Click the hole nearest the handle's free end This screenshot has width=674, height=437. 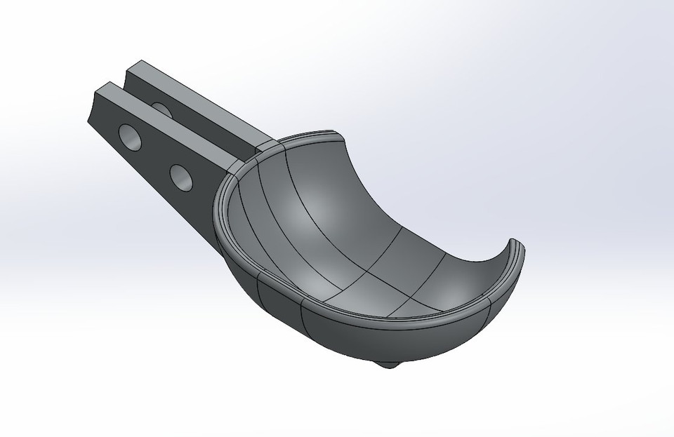click(x=130, y=135)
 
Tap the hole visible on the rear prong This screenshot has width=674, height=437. click(x=161, y=109)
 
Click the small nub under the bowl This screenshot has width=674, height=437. click(x=387, y=364)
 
